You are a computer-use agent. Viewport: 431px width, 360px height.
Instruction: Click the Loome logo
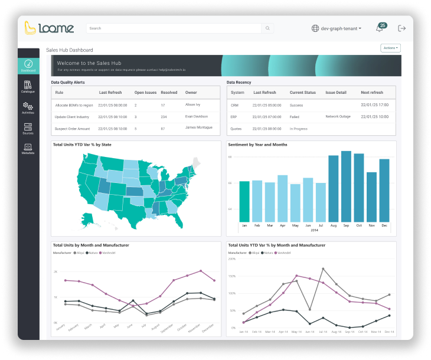pos(49,28)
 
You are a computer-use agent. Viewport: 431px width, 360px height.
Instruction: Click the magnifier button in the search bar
pos(268,28)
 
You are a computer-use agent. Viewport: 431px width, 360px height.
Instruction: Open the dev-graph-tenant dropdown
pos(337,28)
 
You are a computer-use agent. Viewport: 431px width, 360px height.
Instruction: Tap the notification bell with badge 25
pos(380,28)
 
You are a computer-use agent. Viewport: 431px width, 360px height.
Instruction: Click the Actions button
pos(391,48)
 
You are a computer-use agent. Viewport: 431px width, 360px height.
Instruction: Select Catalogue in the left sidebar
pos(28,87)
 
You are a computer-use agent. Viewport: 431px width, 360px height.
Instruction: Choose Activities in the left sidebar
pos(28,107)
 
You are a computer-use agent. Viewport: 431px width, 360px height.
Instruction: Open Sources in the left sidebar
pos(28,129)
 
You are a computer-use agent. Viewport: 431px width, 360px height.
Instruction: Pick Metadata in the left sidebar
pos(28,149)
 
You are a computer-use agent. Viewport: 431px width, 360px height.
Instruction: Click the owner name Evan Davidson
pos(197,116)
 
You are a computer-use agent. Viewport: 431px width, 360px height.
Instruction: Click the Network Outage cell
pos(338,116)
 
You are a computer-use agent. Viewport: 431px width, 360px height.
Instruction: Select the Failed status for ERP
pos(295,117)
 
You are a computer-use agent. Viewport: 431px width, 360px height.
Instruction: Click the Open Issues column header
pos(145,93)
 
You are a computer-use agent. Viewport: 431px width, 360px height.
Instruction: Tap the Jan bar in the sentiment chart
pos(244,201)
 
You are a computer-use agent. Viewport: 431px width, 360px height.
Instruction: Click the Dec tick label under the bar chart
pos(384,225)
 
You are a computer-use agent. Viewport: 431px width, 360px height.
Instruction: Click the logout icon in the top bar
pos(402,28)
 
